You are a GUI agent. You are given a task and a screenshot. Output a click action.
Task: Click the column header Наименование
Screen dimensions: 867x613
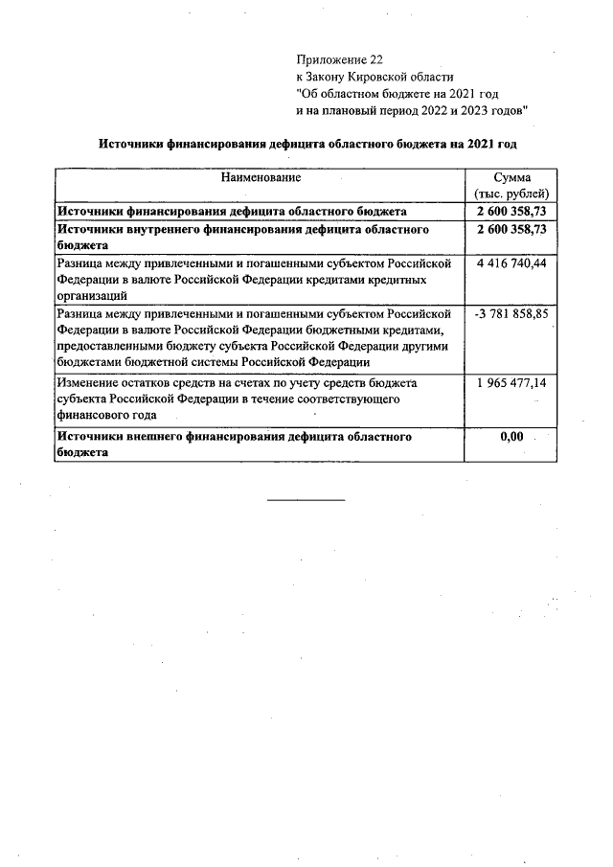(x=261, y=178)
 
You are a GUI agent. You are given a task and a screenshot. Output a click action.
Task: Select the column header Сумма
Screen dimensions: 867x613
(x=511, y=178)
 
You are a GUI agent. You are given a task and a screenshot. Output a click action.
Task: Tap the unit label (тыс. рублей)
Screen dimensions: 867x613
(x=511, y=194)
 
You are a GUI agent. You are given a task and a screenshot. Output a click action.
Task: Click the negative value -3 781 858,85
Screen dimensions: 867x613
(x=511, y=314)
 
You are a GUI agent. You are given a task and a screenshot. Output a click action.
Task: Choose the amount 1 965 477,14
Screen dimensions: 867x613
(x=511, y=382)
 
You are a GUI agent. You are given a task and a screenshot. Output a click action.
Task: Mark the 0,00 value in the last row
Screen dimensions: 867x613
(x=512, y=437)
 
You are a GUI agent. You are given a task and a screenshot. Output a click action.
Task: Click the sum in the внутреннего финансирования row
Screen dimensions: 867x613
(x=511, y=230)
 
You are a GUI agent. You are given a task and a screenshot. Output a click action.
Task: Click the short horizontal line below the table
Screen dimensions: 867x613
(x=306, y=500)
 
